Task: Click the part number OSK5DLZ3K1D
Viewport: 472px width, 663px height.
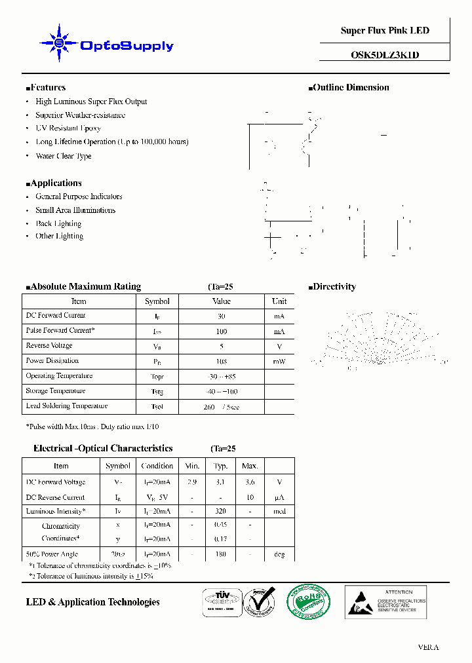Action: click(385, 55)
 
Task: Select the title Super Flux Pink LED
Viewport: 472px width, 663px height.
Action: click(385, 31)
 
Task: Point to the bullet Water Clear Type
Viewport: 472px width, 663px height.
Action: click(63, 156)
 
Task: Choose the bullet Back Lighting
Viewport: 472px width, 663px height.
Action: click(59, 223)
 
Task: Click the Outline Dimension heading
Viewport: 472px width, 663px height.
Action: click(349, 87)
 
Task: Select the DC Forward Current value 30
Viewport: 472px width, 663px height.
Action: click(222, 316)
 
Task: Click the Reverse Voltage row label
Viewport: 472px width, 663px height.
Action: click(49, 345)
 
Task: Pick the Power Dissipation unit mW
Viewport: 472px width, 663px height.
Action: click(279, 361)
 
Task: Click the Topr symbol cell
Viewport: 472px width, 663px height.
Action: click(157, 377)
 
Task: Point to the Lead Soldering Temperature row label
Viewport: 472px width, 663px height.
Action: click(66, 406)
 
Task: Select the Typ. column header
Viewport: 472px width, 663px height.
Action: click(221, 466)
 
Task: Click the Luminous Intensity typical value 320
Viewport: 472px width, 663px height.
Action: click(221, 511)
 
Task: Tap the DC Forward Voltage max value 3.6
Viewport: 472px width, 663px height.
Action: click(250, 482)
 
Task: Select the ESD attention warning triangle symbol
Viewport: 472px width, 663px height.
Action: click(359, 603)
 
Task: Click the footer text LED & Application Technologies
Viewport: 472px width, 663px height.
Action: click(92, 602)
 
